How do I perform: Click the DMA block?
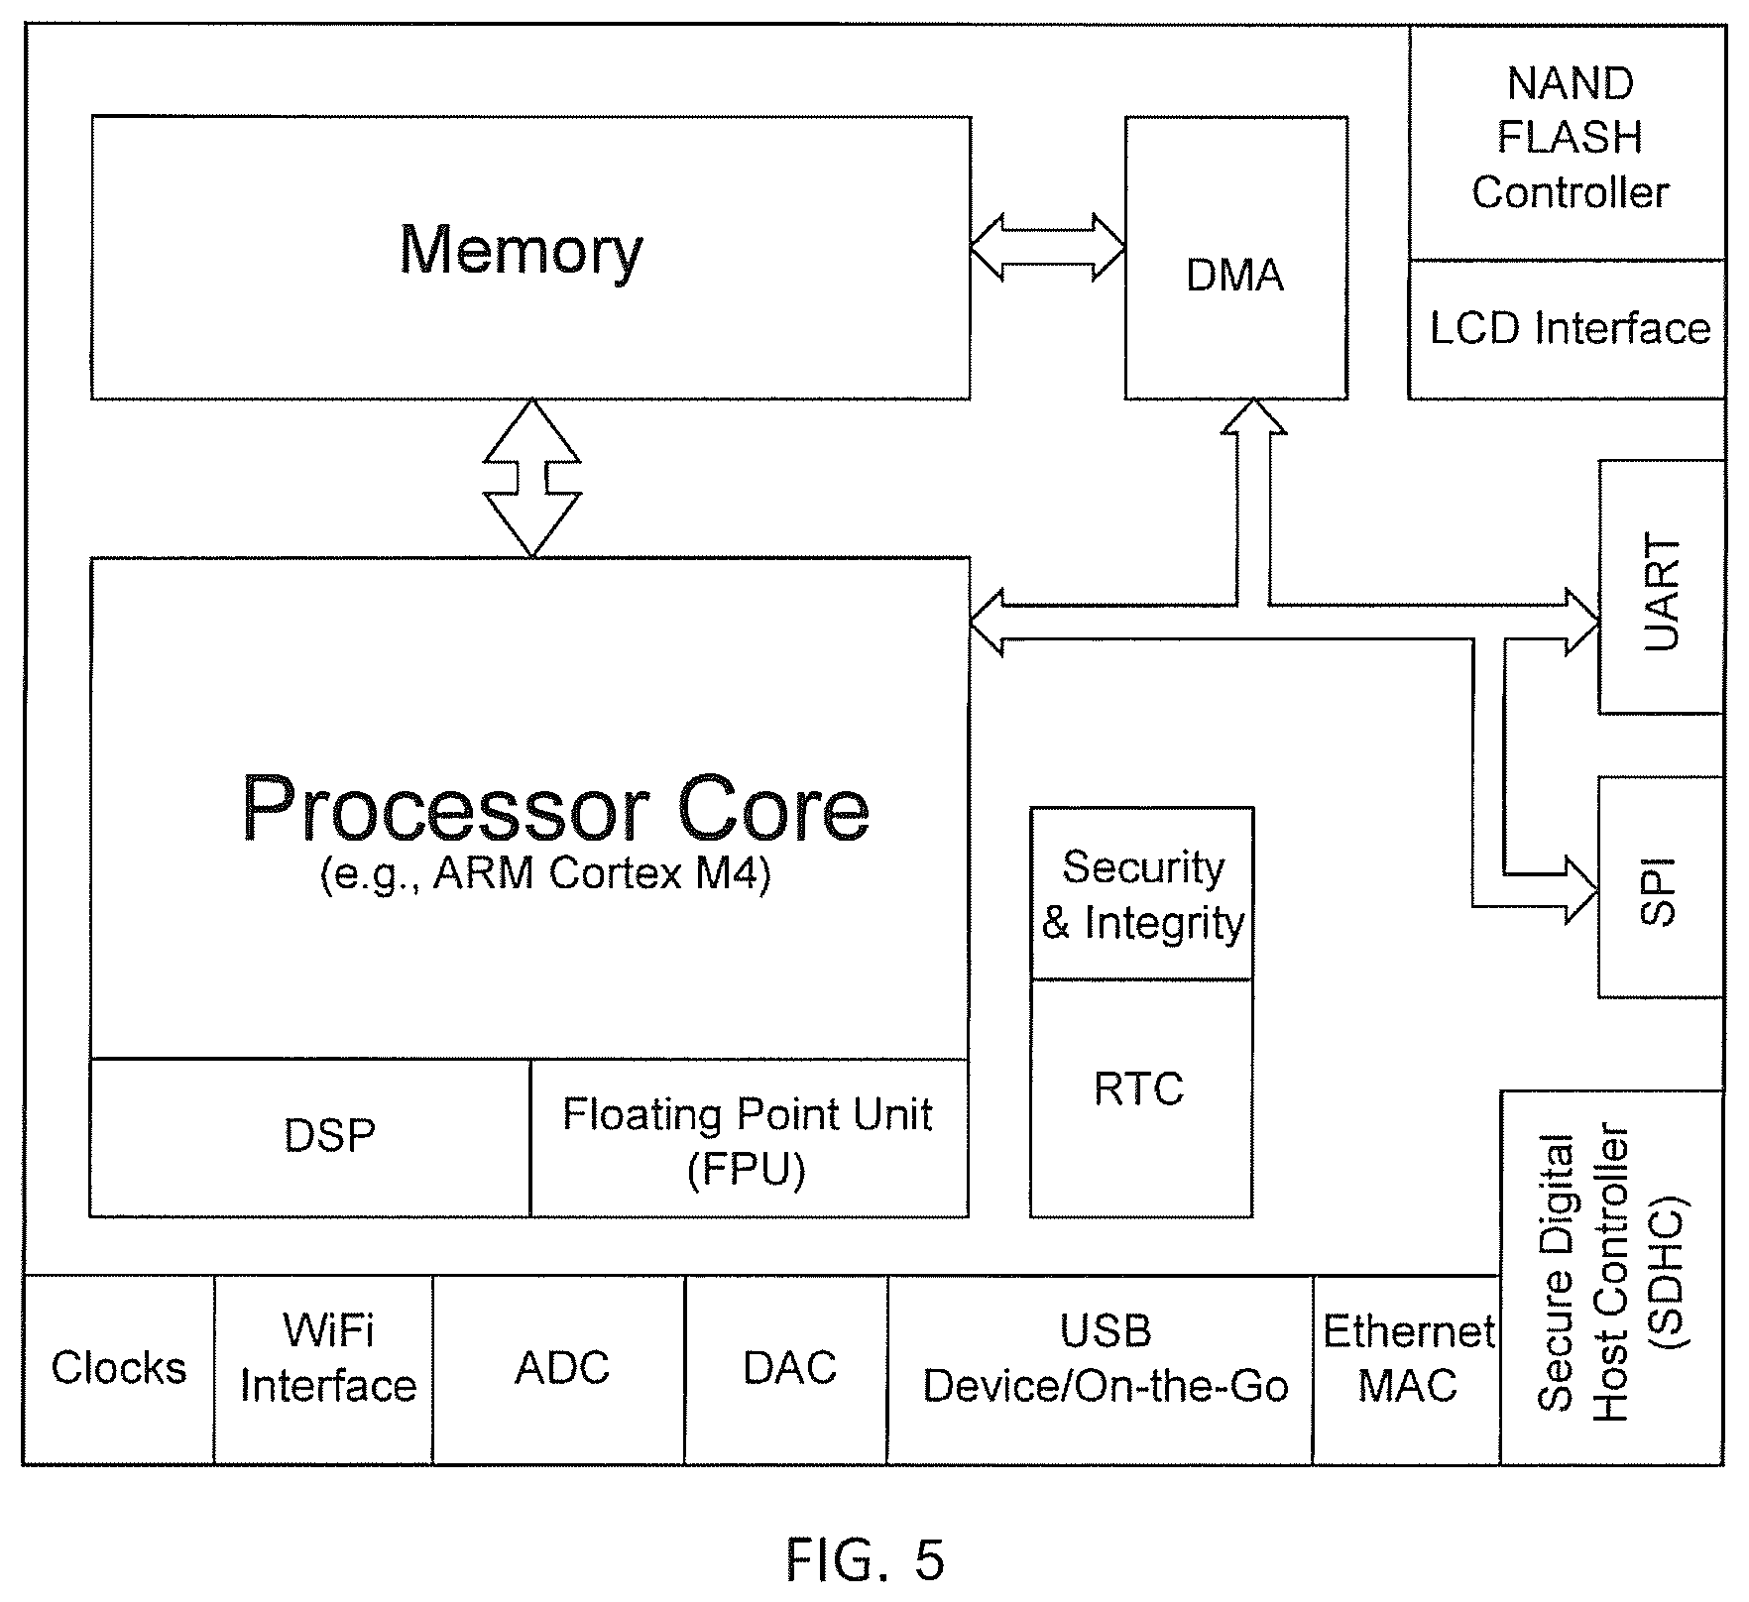(x=1235, y=258)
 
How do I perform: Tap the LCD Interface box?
(x=1568, y=330)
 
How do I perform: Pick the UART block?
(x=1662, y=586)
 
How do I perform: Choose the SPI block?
(x=1662, y=886)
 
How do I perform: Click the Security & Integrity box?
(x=1142, y=893)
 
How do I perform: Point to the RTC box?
(x=1142, y=1097)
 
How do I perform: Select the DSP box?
(x=310, y=1137)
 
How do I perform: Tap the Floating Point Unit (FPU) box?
(x=750, y=1137)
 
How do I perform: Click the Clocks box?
(x=118, y=1369)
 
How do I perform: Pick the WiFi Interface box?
(x=323, y=1369)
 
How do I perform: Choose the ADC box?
(x=559, y=1369)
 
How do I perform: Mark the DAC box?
(x=786, y=1369)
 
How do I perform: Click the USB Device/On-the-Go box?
(x=1101, y=1369)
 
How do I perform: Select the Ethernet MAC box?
(x=1407, y=1369)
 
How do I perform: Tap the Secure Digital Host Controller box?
(x=1613, y=1278)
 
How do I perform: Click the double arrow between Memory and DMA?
(x=1047, y=246)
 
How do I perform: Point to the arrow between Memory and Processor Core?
(x=532, y=478)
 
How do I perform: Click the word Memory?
(x=522, y=251)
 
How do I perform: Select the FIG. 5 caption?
(x=866, y=1559)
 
